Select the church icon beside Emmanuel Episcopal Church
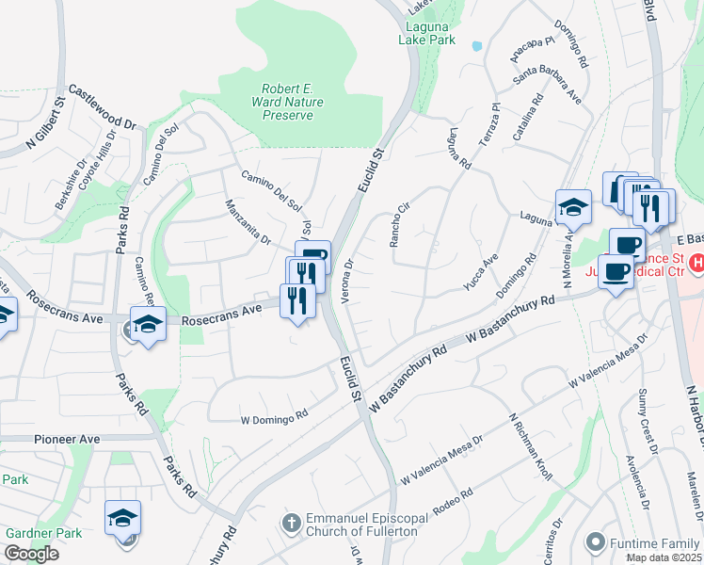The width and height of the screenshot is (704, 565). pos(292,521)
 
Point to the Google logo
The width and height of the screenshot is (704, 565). pos(30,553)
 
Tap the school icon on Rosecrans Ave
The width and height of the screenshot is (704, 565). pos(148,325)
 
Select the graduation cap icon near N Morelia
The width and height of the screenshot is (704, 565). pos(573,206)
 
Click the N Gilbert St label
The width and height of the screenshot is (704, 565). pos(48,123)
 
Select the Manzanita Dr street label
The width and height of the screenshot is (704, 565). pos(247,221)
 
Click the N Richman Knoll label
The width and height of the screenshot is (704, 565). pos(531,447)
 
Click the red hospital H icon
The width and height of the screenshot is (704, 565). pos(697,265)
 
